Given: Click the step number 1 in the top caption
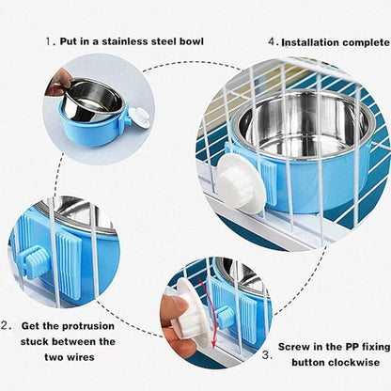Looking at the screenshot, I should click(51, 41).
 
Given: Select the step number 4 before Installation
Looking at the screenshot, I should click(274, 41).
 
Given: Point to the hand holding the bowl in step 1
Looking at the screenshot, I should click(59, 82).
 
